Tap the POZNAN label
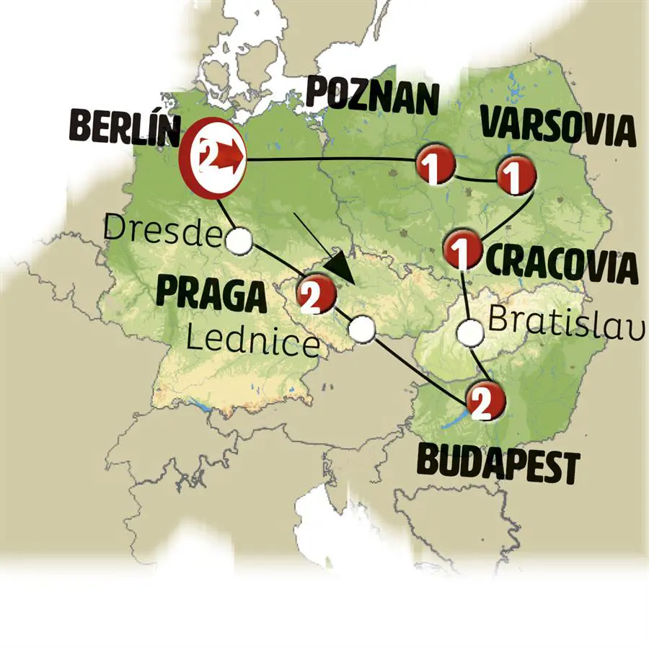(372, 97)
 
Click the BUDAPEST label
(498, 466)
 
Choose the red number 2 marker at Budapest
(485, 403)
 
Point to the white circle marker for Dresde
(240, 242)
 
